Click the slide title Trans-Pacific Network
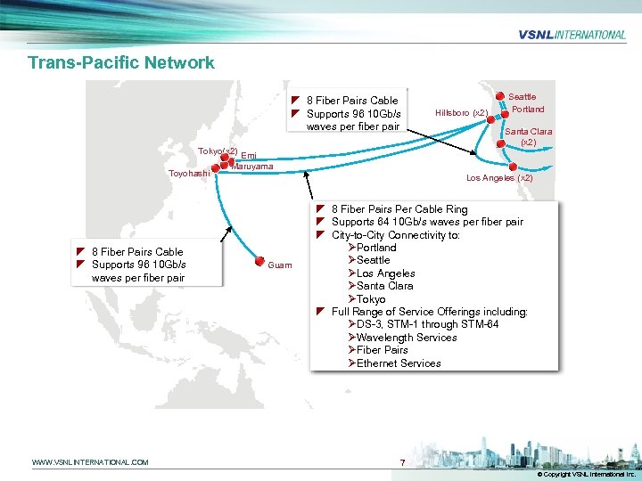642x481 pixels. (x=121, y=62)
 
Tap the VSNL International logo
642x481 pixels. (x=572, y=35)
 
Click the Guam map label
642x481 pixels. (x=279, y=265)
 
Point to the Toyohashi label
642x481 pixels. (x=189, y=173)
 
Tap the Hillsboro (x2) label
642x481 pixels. (x=461, y=113)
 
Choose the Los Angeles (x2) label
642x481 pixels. (x=499, y=177)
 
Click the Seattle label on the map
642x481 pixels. (x=523, y=96)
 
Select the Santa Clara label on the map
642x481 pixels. (x=529, y=131)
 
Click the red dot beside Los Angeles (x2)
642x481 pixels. (x=512, y=165)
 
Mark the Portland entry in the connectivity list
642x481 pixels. (x=374, y=248)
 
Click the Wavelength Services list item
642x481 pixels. (x=406, y=338)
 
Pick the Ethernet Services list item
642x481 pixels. (x=398, y=363)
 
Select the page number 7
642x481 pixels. (x=403, y=463)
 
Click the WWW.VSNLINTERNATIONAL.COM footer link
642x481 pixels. (x=90, y=462)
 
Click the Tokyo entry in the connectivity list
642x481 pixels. (x=370, y=299)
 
